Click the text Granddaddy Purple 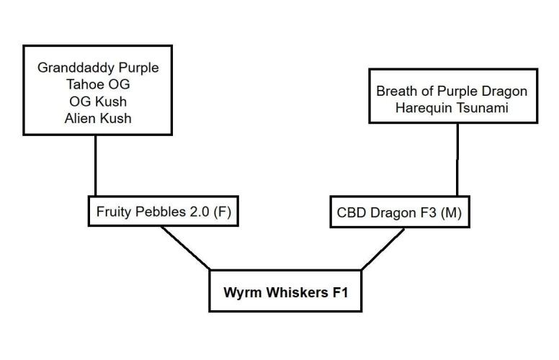pos(97,68)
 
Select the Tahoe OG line pos(97,84)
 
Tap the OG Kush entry pos(97,101)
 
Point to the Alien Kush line pos(97,117)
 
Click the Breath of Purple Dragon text pos(452,91)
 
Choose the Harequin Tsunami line pos(452,108)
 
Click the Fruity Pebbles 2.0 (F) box pos(163,212)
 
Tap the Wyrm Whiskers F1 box pos(285,292)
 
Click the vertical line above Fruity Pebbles pos(95,166)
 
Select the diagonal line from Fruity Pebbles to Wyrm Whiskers pos(185,248)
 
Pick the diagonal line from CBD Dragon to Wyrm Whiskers pos(381,249)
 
